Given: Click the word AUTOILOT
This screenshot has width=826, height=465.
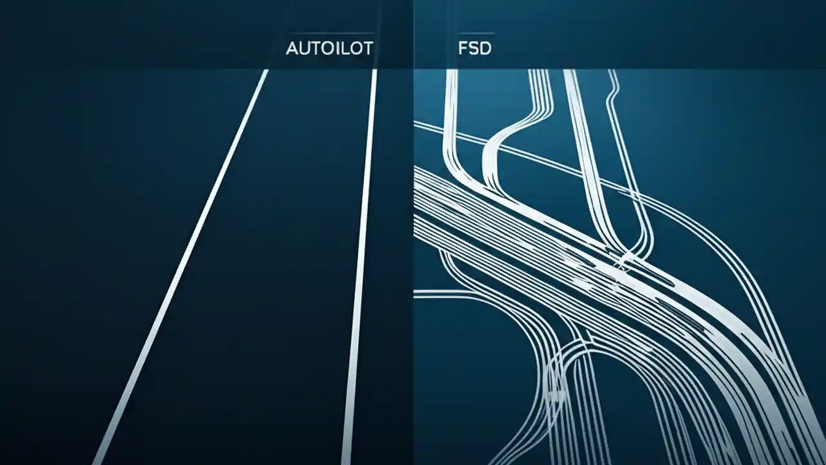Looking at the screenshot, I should pyautogui.click(x=329, y=48).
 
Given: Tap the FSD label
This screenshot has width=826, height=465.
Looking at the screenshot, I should pyautogui.click(x=474, y=48).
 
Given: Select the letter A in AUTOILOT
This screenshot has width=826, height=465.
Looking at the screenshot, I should pyautogui.click(x=292, y=48).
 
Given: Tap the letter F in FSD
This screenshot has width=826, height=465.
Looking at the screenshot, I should pyautogui.click(x=462, y=48).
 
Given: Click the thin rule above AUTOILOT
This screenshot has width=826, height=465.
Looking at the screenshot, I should pyautogui.click(x=330, y=33).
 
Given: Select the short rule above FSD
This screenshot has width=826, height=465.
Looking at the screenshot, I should pyautogui.click(x=475, y=33).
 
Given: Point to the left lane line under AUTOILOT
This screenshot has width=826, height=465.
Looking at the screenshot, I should pyautogui.click(x=187, y=258).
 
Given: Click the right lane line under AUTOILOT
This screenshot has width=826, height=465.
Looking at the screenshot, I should pyautogui.click(x=361, y=258).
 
